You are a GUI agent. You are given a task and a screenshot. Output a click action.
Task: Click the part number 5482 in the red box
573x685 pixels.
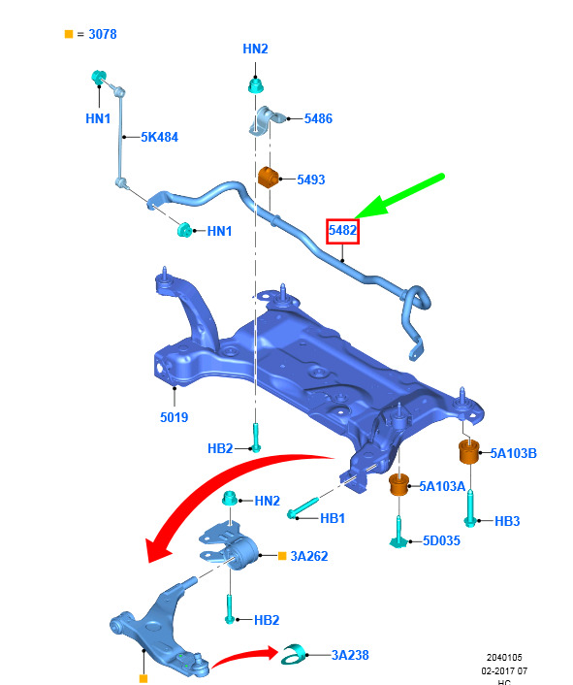342,230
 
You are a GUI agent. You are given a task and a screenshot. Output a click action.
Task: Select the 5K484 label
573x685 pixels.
159,137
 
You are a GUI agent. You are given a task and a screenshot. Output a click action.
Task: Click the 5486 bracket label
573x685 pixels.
318,118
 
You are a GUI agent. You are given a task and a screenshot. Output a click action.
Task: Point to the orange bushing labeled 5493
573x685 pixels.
268,177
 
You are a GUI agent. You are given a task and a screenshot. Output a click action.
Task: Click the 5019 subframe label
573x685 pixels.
175,417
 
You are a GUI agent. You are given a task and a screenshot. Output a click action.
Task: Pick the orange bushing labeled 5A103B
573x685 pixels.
469,452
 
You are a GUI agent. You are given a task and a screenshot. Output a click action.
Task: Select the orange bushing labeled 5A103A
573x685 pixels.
398,484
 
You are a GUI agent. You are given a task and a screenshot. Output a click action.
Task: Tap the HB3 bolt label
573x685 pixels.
507,521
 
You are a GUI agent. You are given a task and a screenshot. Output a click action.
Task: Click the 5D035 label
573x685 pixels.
441,540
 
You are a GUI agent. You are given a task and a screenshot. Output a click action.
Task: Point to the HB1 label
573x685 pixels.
333,518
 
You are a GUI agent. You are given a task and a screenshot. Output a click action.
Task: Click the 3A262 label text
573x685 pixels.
309,556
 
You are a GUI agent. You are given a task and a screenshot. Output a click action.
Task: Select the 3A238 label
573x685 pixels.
350,655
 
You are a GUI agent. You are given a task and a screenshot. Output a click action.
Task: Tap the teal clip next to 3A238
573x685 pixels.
293,654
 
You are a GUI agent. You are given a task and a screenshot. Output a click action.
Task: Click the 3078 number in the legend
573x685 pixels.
103,34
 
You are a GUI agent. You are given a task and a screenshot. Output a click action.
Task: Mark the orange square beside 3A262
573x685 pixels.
282,556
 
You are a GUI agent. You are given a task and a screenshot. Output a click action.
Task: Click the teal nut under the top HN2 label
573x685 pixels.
256,85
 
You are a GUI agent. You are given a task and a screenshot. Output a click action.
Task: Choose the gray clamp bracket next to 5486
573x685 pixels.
266,120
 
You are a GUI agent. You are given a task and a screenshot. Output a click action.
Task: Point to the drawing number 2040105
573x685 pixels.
504,658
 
